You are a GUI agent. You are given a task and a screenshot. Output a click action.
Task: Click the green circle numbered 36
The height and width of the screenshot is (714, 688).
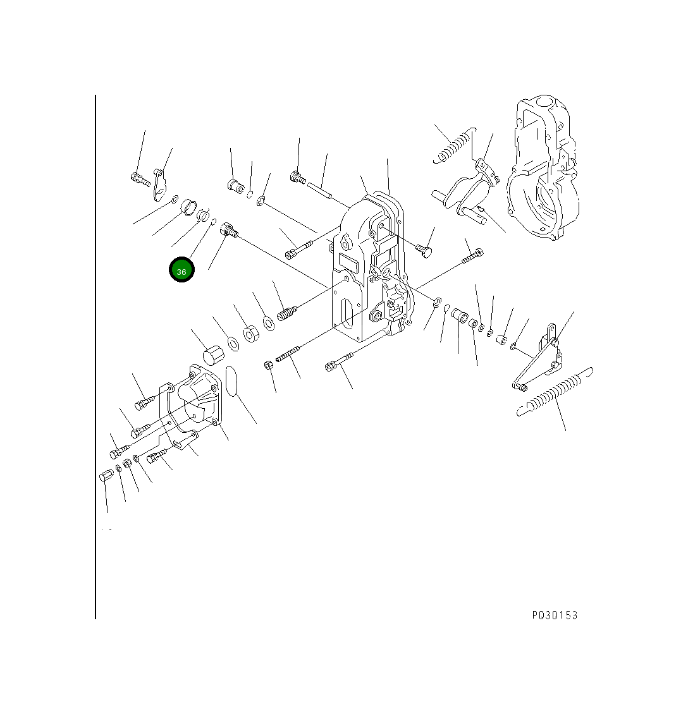[181, 270]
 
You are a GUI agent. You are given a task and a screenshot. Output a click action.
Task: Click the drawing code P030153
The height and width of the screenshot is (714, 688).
[555, 615]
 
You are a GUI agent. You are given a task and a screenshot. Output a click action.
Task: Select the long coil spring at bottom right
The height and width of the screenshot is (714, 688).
[555, 392]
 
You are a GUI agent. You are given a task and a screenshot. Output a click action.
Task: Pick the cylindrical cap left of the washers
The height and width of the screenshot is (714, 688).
[213, 355]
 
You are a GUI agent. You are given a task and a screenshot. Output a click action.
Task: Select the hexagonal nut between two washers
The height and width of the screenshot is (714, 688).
[251, 334]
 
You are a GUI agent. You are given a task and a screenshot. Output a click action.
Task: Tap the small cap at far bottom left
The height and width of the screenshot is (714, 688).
[105, 476]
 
